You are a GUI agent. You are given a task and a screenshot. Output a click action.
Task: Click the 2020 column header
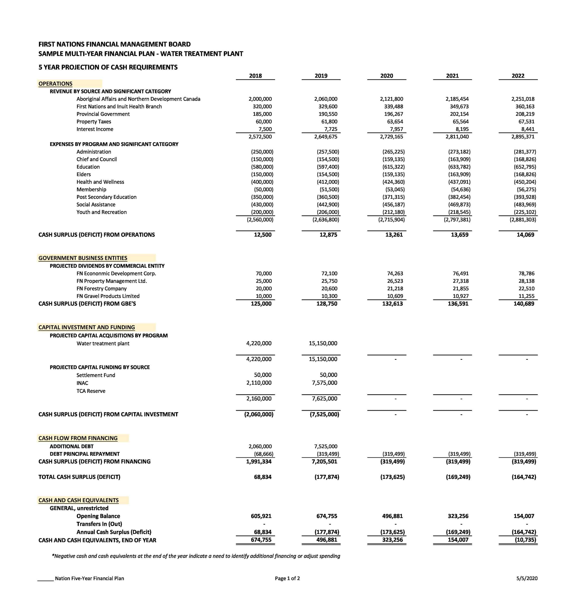pyautogui.click(x=386, y=76)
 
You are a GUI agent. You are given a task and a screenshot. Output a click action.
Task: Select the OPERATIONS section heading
pyautogui.click(x=55, y=84)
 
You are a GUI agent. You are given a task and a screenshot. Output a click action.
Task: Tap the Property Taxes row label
pyautogui.click(x=94, y=122)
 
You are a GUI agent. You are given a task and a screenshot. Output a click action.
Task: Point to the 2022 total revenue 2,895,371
pyautogui.click(x=523, y=137)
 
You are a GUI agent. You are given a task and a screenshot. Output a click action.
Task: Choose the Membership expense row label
pyautogui.click(x=91, y=190)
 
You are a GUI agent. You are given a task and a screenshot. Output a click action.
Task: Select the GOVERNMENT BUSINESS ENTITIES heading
pyautogui.click(x=83, y=258)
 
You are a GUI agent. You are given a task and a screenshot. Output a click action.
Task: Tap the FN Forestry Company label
pyautogui.click(x=101, y=288)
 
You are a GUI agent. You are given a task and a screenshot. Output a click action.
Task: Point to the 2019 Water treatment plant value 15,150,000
pyautogui.click(x=323, y=343)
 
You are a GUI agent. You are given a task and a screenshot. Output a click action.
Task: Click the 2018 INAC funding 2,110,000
pyautogui.click(x=259, y=383)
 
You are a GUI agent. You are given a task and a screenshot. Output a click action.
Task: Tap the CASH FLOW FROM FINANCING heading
pyautogui.click(x=78, y=438)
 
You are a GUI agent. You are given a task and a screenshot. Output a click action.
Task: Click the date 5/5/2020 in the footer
pyautogui.click(x=527, y=578)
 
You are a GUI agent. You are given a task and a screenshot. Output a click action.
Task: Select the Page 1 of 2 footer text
pyautogui.click(x=287, y=578)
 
